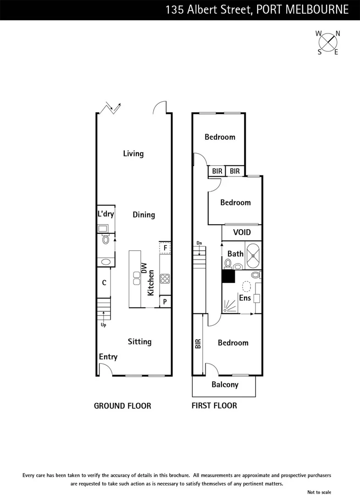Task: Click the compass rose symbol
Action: coord(328,42)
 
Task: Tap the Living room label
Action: coord(133,154)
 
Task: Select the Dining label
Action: coord(144,214)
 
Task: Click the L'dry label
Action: coord(105,214)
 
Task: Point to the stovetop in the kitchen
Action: coord(165,278)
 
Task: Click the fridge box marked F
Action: coord(165,248)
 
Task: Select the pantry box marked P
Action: coord(165,302)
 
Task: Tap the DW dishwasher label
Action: coord(144,269)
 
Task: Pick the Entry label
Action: coord(108,357)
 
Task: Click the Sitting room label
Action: coord(139,341)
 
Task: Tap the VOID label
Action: coord(242,232)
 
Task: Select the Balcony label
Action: coord(225,385)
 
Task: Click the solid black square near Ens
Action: coord(228,276)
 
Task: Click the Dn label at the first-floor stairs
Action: coord(199,243)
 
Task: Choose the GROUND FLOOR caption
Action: coord(122,406)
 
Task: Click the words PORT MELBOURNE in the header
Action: coord(303,10)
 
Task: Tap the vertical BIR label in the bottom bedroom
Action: coord(198,344)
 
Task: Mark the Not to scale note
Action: coord(319,492)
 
